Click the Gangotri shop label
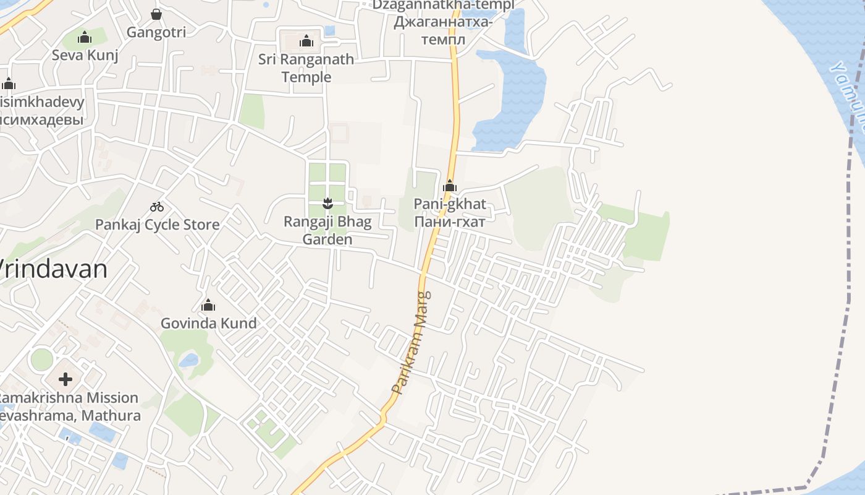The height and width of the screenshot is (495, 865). click(x=156, y=32)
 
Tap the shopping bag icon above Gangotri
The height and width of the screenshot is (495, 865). click(x=156, y=14)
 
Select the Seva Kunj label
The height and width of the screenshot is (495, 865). click(x=85, y=55)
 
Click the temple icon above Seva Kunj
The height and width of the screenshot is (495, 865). click(x=85, y=38)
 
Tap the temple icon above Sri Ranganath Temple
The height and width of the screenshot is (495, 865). click(x=306, y=41)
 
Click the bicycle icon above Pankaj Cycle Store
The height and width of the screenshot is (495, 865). click(x=157, y=207)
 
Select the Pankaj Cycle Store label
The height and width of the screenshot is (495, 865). click(x=157, y=225)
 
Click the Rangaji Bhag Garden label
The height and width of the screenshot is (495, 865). click(x=327, y=231)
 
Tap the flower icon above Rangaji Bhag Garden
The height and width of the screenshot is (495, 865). click(x=327, y=203)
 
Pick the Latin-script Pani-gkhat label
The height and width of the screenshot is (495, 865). click(x=450, y=204)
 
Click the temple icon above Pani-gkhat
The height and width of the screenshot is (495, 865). click(x=450, y=186)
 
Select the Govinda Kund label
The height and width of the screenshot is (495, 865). click(x=209, y=324)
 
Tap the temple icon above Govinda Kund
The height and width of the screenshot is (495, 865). click(x=208, y=306)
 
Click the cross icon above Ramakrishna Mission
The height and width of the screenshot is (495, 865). click(x=65, y=379)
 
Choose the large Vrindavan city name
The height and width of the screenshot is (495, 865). click(x=53, y=269)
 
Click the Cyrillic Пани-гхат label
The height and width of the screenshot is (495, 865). click(x=450, y=222)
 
